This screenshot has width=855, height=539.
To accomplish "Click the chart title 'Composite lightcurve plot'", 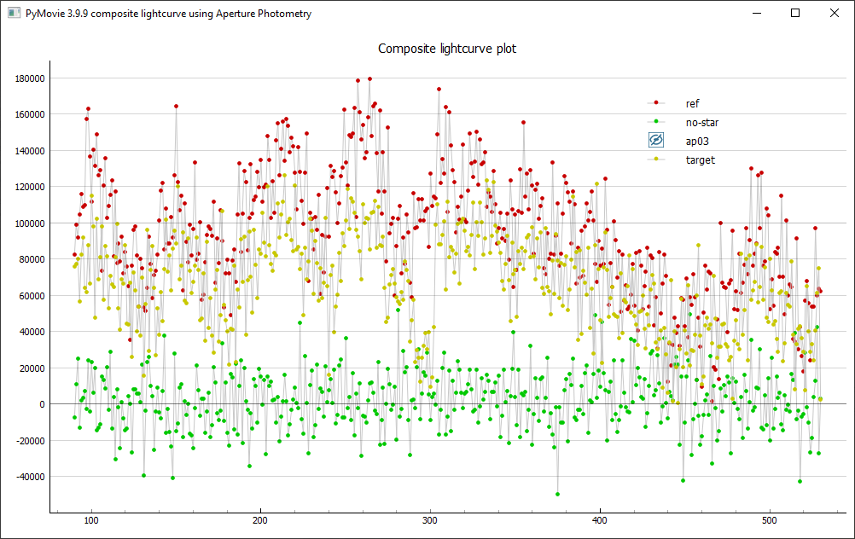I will click(x=447, y=49).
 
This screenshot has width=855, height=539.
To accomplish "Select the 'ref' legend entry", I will click(x=692, y=103).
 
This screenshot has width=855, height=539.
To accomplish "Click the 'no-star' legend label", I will click(x=701, y=122).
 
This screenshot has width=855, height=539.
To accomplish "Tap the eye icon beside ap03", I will click(x=656, y=141).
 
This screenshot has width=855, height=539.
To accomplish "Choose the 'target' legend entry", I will click(x=700, y=159).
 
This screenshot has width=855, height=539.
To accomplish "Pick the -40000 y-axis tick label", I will click(x=29, y=477).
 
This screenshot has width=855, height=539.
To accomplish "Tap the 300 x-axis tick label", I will click(x=430, y=519).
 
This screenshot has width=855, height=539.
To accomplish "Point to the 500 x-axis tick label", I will click(x=769, y=519).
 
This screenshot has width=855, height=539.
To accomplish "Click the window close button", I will click(x=835, y=13).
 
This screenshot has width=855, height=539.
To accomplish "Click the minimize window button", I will click(x=756, y=13).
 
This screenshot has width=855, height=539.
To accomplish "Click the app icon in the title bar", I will click(x=13, y=13).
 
